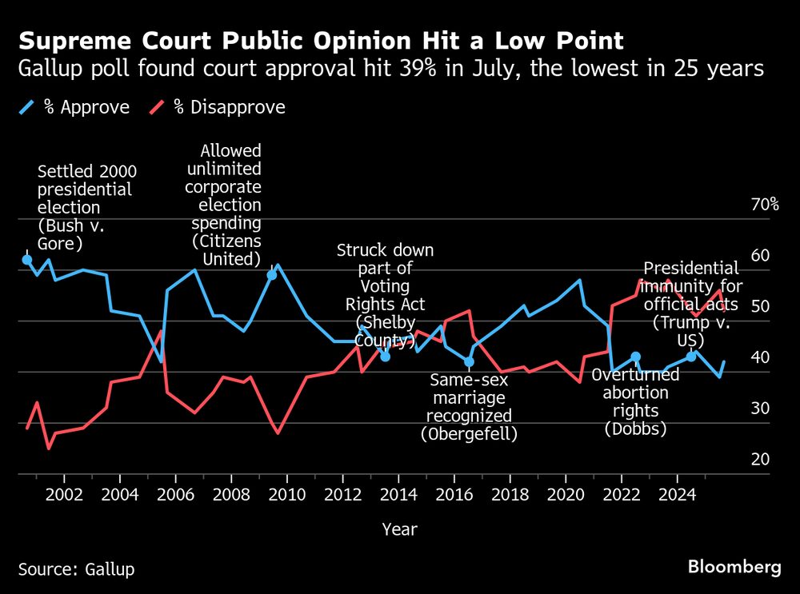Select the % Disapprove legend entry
tap(227, 107)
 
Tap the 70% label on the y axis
tap(764, 205)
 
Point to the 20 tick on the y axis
tap(761, 459)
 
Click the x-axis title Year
tap(399, 528)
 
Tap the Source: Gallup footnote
tap(76, 569)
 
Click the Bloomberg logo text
tap(734, 568)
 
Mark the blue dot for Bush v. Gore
tap(26, 260)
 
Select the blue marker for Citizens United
tap(272, 275)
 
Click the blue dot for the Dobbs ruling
tap(635, 357)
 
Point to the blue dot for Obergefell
tap(469, 362)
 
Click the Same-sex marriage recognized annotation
tap(469, 406)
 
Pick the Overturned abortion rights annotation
tap(635, 401)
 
